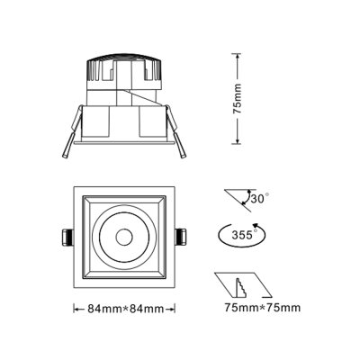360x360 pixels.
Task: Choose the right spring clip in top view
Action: click(x=181, y=237)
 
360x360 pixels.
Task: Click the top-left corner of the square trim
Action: click(x=74, y=188)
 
